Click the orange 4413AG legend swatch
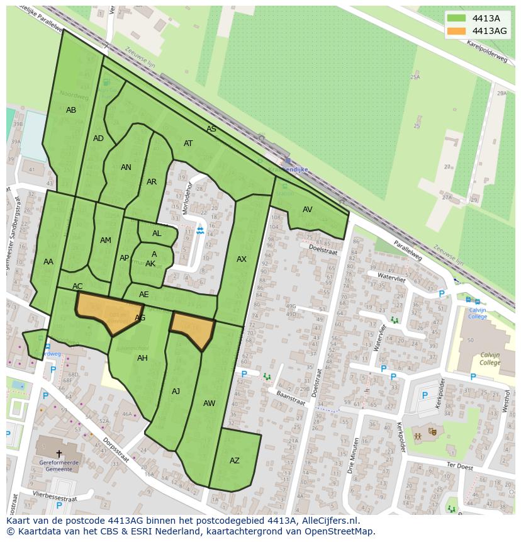click(457, 31)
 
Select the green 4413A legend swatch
click(457, 18)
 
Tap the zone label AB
click(71, 110)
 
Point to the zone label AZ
click(234, 461)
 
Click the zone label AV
click(307, 210)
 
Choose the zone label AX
click(242, 259)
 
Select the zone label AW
click(210, 404)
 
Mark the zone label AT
click(188, 144)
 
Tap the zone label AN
click(126, 167)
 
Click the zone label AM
click(106, 240)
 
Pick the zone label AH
click(142, 358)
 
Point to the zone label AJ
click(176, 392)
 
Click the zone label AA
click(48, 262)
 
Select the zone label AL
click(157, 234)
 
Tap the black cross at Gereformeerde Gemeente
click(59, 453)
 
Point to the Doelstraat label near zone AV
click(323, 250)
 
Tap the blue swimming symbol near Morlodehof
click(200, 231)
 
